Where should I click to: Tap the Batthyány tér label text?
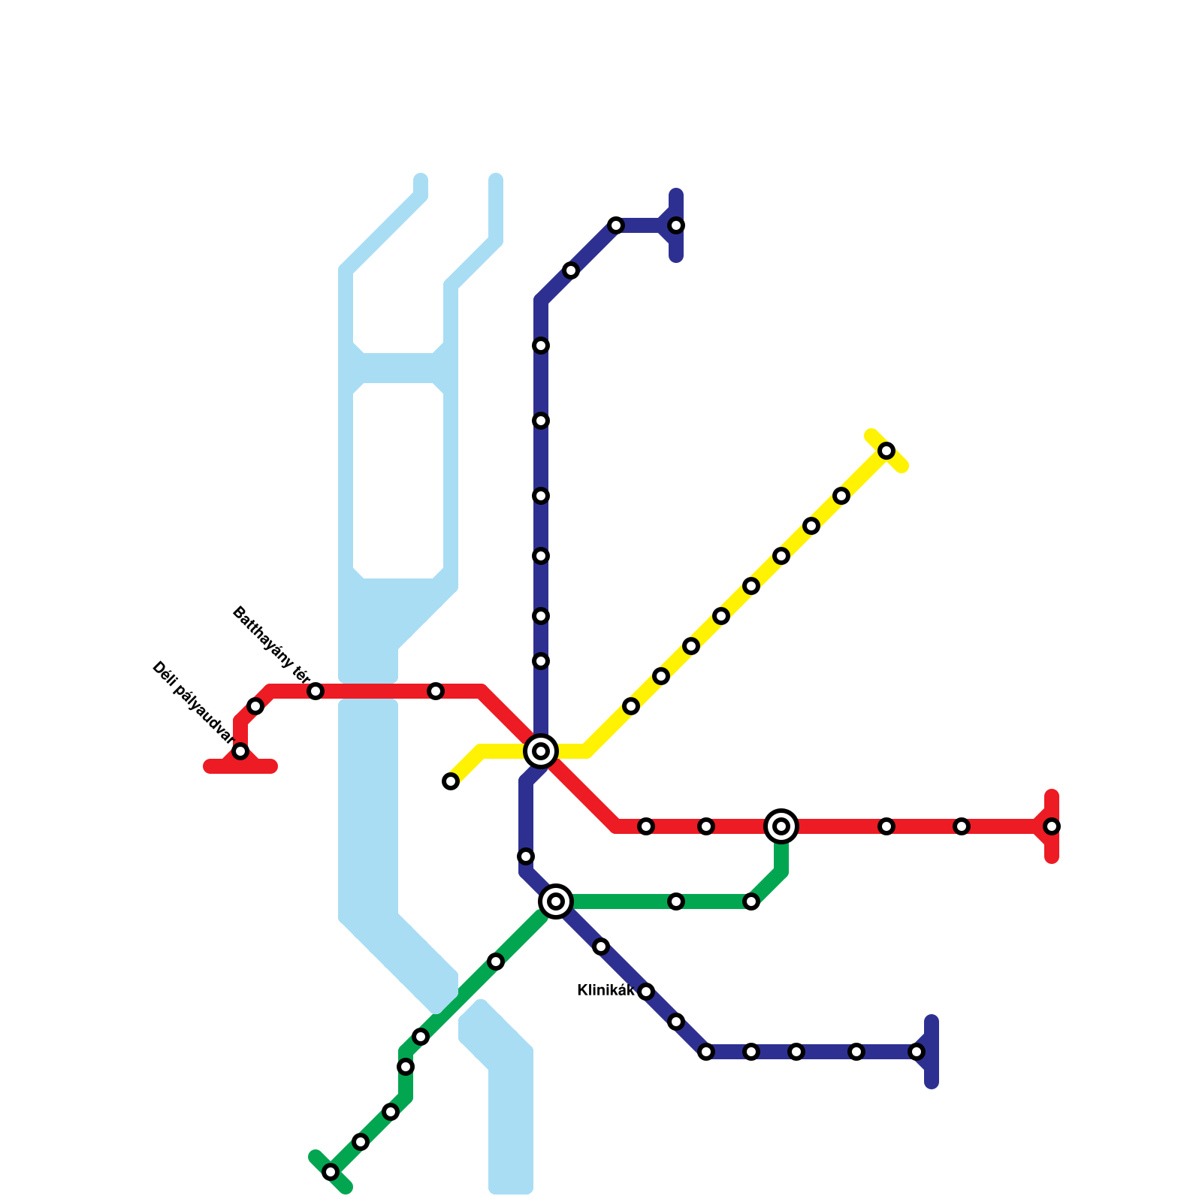click(x=271, y=647)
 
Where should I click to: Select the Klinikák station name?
click(x=606, y=991)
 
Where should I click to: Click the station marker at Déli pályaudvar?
click(x=240, y=751)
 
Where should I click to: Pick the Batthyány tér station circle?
click(x=316, y=691)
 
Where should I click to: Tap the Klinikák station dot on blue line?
click(x=646, y=992)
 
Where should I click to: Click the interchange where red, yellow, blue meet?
click(x=541, y=750)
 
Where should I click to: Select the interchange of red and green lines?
click(x=781, y=826)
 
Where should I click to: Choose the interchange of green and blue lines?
click(x=556, y=901)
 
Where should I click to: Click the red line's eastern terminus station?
click(x=1052, y=826)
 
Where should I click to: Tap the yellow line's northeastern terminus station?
click(x=886, y=451)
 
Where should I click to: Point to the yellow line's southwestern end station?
click(x=451, y=781)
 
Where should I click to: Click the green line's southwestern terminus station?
click(x=331, y=1172)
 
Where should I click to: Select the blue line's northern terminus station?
click(x=676, y=225)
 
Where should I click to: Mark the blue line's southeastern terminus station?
click(x=917, y=1052)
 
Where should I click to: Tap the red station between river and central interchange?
click(x=436, y=691)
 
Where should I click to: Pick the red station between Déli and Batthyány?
click(x=255, y=706)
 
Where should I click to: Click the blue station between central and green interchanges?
click(x=526, y=856)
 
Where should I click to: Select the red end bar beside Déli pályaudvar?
click(x=240, y=767)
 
